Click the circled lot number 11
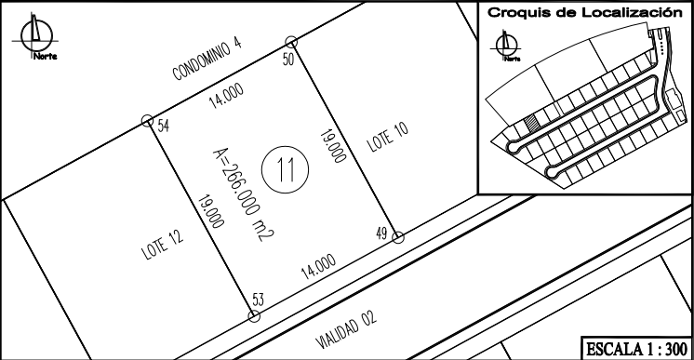[285, 169]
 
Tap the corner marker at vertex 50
[291, 42]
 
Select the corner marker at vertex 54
[147, 120]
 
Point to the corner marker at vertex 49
[398, 237]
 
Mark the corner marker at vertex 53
[254, 315]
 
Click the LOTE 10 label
[388, 138]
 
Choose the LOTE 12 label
[163, 245]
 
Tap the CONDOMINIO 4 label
[207, 60]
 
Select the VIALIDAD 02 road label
[346, 330]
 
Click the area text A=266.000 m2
[244, 194]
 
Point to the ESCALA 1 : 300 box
[636, 349]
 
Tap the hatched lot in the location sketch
[530, 121]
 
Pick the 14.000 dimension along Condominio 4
[226, 96]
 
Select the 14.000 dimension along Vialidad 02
[319, 267]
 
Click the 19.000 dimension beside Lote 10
[333, 146]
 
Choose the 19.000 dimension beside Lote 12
[210, 212]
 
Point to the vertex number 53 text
[258, 300]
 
